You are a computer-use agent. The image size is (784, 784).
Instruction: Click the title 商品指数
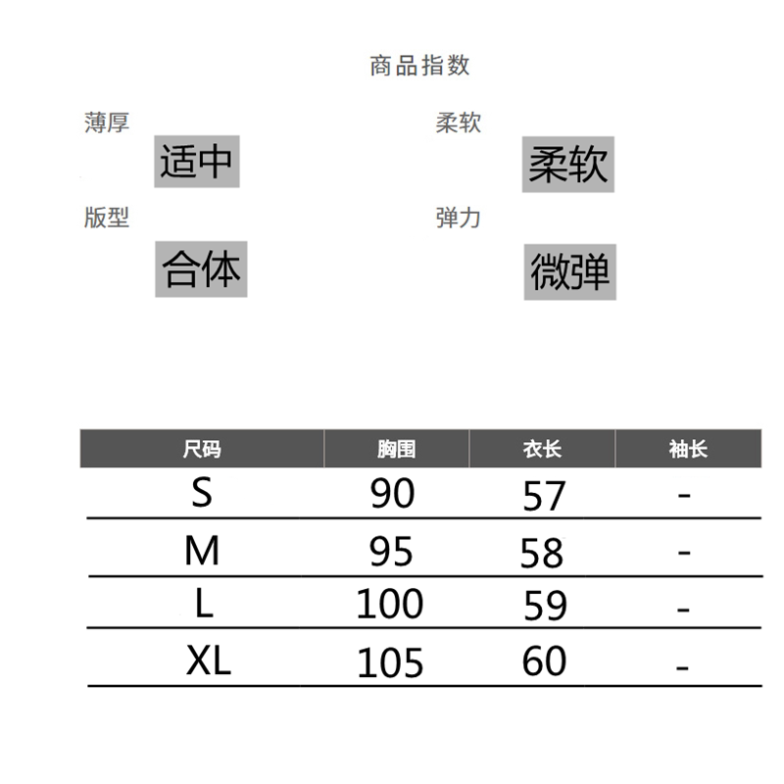click(x=419, y=66)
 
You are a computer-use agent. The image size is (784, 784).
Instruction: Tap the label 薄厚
click(x=107, y=123)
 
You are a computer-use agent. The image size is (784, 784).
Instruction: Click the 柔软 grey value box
click(x=568, y=164)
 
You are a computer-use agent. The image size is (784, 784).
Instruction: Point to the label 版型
click(x=107, y=218)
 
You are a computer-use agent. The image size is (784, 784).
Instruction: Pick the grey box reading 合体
click(x=202, y=269)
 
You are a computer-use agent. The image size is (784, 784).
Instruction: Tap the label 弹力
click(x=459, y=218)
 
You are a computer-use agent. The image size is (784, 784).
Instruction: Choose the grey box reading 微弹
click(x=569, y=271)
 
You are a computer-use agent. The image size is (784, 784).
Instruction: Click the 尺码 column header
click(x=202, y=450)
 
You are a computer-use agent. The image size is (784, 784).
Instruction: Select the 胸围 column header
click(x=396, y=450)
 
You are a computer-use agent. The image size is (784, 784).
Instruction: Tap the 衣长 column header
click(x=542, y=450)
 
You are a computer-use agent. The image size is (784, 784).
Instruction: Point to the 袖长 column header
click(x=688, y=450)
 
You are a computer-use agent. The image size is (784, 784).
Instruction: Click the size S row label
click(x=202, y=492)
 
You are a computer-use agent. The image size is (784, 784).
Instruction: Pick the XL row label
click(x=209, y=662)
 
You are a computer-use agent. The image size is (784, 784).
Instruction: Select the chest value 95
click(x=392, y=554)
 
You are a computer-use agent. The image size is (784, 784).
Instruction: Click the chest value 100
click(x=389, y=604)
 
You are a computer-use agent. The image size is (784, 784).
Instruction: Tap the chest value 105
click(x=389, y=663)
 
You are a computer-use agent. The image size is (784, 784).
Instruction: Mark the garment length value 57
click(x=545, y=497)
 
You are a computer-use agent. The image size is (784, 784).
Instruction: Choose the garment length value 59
click(x=546, y=606)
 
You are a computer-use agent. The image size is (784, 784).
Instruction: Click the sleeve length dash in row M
click(x=684, y=554)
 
